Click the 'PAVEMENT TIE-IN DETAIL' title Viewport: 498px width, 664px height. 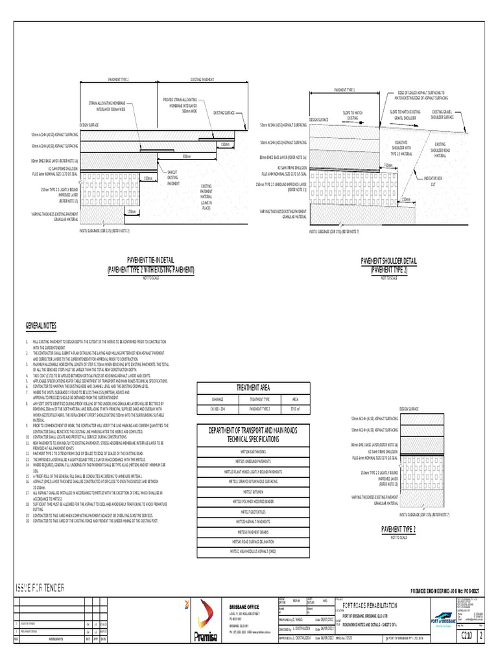click(150, 260)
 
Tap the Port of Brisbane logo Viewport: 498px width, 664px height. click(447, 616)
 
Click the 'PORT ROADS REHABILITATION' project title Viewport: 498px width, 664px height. click(368, 604)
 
